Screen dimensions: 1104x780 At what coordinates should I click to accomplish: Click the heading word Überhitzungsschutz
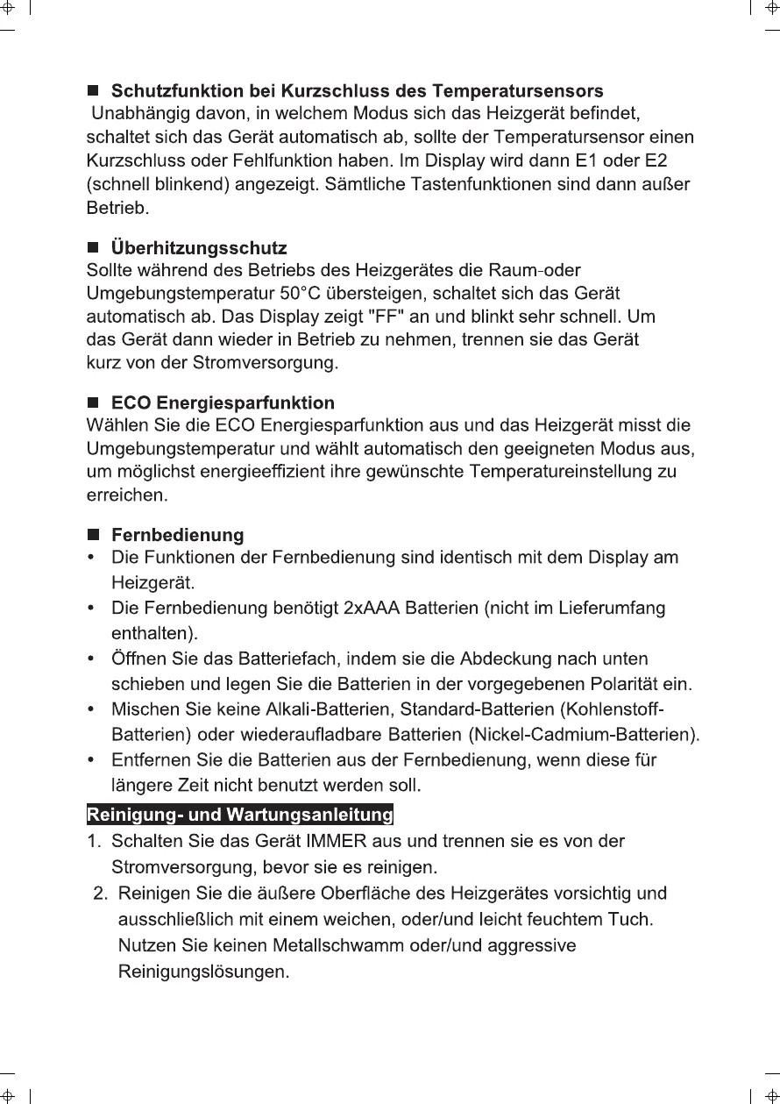pos(199,249)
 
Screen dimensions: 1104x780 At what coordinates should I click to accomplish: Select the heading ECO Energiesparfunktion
pos(223,403)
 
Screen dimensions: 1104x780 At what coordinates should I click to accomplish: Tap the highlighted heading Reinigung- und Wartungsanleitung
pos(239,816)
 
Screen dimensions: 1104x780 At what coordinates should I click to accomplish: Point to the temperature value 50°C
pos(324,293)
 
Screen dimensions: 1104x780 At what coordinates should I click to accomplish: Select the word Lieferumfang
pos(612,608)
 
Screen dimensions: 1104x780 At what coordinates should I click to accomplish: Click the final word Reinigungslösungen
pos(202,972)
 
